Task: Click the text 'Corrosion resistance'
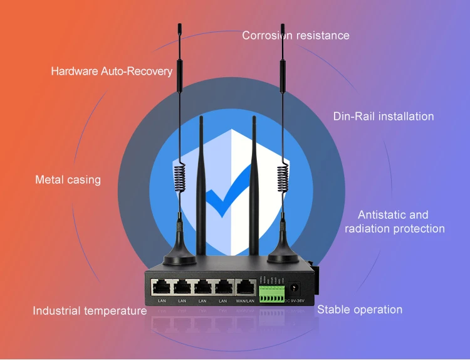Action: (296, 35)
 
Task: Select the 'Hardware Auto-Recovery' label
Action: (112, 71)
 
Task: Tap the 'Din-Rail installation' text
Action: (384, 117)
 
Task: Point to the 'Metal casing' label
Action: (68, 180)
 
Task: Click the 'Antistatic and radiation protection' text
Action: (394, 222)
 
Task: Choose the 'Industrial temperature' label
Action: (90, 310)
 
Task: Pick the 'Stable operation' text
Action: (360, 309)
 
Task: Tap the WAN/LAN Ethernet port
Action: (245, 288)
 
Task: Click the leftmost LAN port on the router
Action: (162, 288)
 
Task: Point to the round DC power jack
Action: (296, 288)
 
